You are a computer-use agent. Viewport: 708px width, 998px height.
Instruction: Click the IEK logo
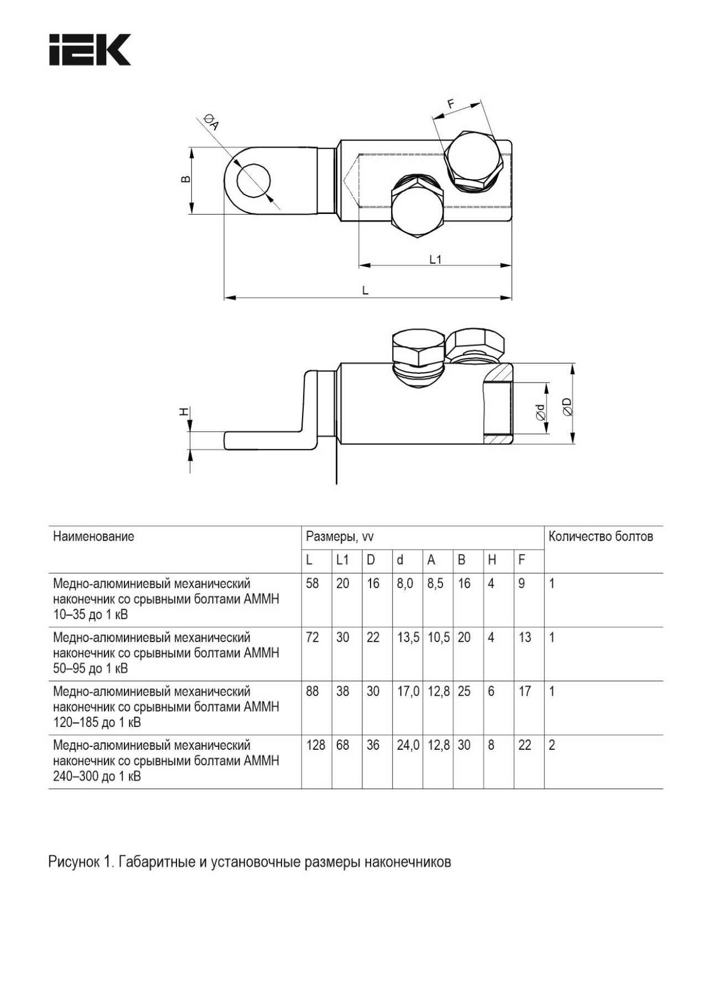90,50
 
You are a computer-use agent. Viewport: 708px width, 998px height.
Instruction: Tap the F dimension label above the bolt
451,103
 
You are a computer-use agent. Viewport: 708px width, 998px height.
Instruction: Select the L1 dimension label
435,259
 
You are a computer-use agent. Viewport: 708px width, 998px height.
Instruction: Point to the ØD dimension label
567,406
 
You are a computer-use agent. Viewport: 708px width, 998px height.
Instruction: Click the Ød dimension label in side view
540,411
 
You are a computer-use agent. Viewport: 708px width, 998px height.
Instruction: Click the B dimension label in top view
186,179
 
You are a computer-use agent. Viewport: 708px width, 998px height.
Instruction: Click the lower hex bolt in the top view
417,212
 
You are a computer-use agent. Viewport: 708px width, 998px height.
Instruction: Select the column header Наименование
93,536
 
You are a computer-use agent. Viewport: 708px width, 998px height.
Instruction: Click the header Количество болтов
601,536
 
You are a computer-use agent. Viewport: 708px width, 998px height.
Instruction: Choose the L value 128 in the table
316,745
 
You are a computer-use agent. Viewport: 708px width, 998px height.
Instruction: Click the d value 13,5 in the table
408,638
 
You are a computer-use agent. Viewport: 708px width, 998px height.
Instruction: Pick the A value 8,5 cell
435,584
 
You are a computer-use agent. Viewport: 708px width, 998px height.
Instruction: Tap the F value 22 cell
524,745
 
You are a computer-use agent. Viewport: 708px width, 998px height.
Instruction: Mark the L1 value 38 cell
343,692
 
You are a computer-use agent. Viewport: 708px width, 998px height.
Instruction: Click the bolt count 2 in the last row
551,745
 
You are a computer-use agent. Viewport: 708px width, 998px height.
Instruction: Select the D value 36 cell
373,745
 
